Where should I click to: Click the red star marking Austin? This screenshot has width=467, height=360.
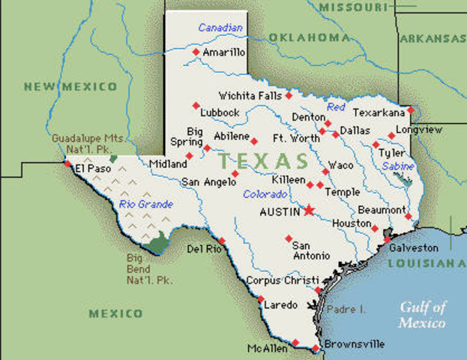(x=308, y=210)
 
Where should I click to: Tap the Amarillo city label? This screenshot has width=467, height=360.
(x=223, y=52)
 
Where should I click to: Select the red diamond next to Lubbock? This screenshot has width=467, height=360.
(x=196, y=105)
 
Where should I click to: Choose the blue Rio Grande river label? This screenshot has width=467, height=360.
(x=146, y=203)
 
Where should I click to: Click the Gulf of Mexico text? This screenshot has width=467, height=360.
(x=422, y=314)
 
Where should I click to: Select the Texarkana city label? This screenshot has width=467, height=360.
(x=379, y=112)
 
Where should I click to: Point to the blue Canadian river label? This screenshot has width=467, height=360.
(x=221, y=28)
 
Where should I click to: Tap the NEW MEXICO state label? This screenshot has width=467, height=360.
(x=70, y=86)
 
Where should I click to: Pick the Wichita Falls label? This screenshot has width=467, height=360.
(x=250, y=96)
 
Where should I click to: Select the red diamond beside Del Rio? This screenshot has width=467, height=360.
(x=222, y=241)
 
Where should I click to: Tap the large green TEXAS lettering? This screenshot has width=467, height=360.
(x=263, y=160)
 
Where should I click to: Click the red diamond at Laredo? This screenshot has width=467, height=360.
(x=261, y=298)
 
